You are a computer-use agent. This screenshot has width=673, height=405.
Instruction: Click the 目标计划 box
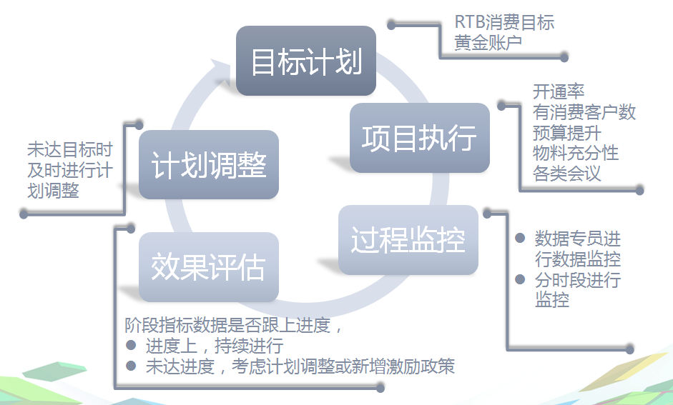[306, 61]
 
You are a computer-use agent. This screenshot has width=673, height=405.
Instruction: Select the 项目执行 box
[420, 138]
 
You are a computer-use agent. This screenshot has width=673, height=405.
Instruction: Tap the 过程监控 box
[408, 240]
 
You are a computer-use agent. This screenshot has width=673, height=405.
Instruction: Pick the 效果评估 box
[209, 266]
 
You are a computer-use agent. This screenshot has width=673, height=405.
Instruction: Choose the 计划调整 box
[209, 164]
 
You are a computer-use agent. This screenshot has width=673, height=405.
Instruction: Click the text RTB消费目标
[504, 22]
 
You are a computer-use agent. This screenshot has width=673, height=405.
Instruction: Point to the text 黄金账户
[488, 42]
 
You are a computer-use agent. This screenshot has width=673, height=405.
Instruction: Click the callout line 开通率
[559, 91]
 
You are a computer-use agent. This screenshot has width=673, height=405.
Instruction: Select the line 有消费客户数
[584, 112]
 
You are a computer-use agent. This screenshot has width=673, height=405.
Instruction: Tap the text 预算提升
[567, 132]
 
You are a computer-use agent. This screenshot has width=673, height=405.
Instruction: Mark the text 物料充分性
[576, 153]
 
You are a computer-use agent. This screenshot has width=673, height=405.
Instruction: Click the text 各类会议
[567, 174]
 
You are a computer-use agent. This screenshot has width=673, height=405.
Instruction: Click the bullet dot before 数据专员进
[520, 238]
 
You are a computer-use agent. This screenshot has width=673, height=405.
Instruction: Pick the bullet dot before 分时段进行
[520, 279]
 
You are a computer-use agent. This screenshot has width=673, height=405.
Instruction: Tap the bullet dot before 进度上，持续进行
[131, 345]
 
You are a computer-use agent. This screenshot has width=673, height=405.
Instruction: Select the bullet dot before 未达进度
[131, 366]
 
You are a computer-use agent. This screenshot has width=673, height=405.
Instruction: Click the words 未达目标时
[70, 149]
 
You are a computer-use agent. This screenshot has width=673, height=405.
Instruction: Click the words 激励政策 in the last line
[421, 366]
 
